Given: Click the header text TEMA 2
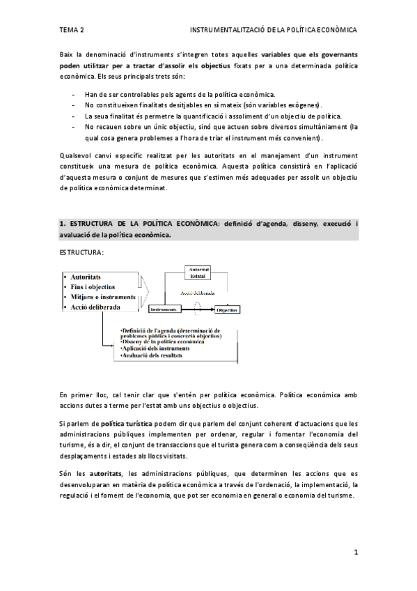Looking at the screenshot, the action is coord(72,31).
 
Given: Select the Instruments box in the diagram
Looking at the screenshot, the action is coord(164,309).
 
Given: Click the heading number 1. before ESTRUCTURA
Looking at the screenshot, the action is coord(63,224).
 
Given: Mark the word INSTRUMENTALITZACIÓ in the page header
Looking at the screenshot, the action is coord(232,31).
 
